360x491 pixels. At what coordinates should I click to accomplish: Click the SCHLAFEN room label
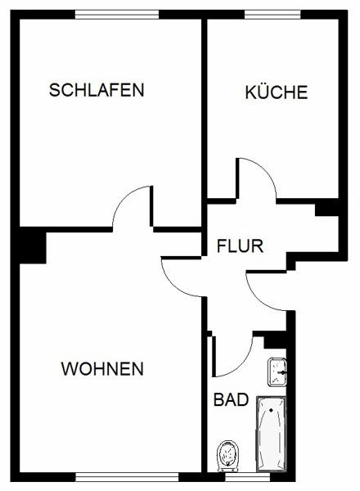pos(97,90)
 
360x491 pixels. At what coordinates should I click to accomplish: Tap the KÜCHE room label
pos(277,92)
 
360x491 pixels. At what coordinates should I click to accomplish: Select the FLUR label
pos(240,245)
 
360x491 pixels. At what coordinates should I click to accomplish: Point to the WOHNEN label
pos(102,368)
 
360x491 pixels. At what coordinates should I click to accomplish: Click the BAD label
pos(231,399)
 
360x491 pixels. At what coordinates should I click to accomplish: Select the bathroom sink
pos(277,372)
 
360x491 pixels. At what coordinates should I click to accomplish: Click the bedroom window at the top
pos(117,15)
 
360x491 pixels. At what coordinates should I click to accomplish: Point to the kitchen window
pos(272,15)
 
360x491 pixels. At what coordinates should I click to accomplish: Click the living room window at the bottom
pos(127,477)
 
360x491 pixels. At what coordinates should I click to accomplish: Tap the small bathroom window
pos(248,477)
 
